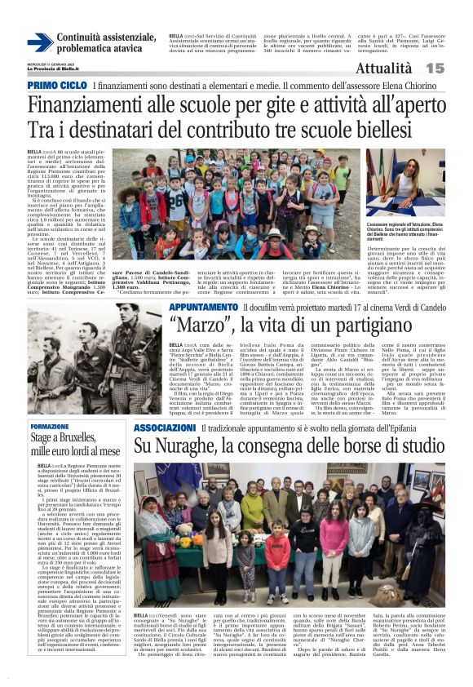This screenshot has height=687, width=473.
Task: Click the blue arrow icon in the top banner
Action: (x=40, y=42)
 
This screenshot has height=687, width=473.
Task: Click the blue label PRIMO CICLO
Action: (x=57, y=86)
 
